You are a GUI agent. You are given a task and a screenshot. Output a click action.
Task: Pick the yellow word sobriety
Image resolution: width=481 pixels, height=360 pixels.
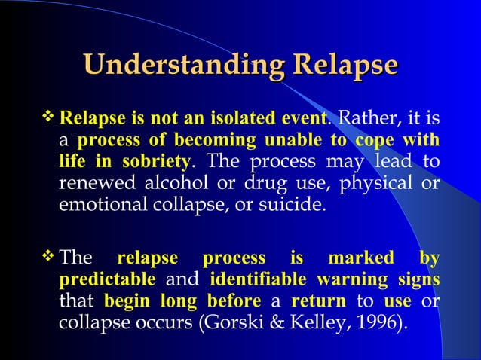click(148, 163)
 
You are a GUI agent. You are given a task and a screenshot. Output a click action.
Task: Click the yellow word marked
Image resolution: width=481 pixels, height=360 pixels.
click(360, 259)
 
